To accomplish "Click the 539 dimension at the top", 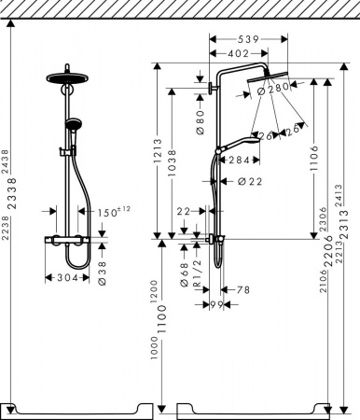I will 247,40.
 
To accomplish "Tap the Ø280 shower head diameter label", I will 277,89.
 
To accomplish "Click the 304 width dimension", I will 65,276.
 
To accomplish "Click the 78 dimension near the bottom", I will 242,290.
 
